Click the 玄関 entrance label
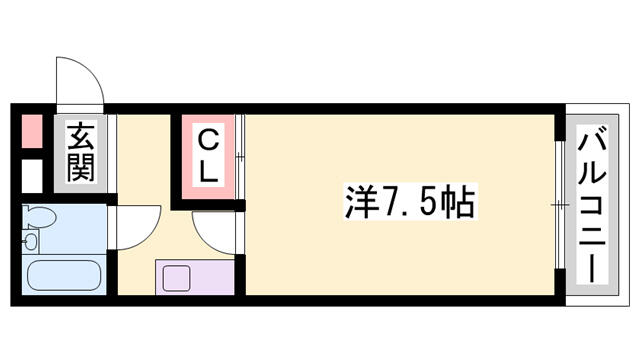(81, 153)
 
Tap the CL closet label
(208, 157)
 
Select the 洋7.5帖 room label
(410, 202)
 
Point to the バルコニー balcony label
(592, 204)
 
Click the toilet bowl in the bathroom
(39, 217)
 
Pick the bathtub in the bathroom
(64, 275)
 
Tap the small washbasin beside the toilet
(31, 242)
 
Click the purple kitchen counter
(195, 278)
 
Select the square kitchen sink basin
(177, 278)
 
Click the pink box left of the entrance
(32, 131)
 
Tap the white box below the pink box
(32, 176)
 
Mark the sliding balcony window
(560, 204)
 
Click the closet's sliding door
(240, 157)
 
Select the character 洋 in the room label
(360, 202)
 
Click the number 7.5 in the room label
(410, 202)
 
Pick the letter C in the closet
(208, 141)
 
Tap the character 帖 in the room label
(460, 202)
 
